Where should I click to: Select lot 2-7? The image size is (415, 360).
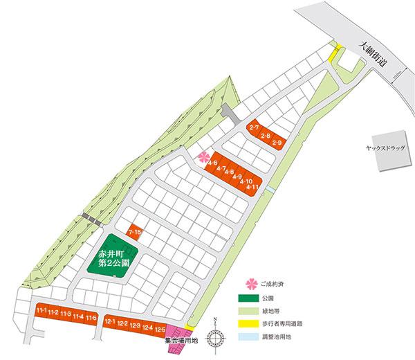[x=253, y=129]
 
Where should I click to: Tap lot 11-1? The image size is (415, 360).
[x=41, y=313]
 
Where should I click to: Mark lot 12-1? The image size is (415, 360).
[x=110, y=322]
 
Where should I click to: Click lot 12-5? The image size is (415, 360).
[x=160, y=328]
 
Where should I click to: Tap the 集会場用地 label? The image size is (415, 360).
[x=181, y=341]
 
